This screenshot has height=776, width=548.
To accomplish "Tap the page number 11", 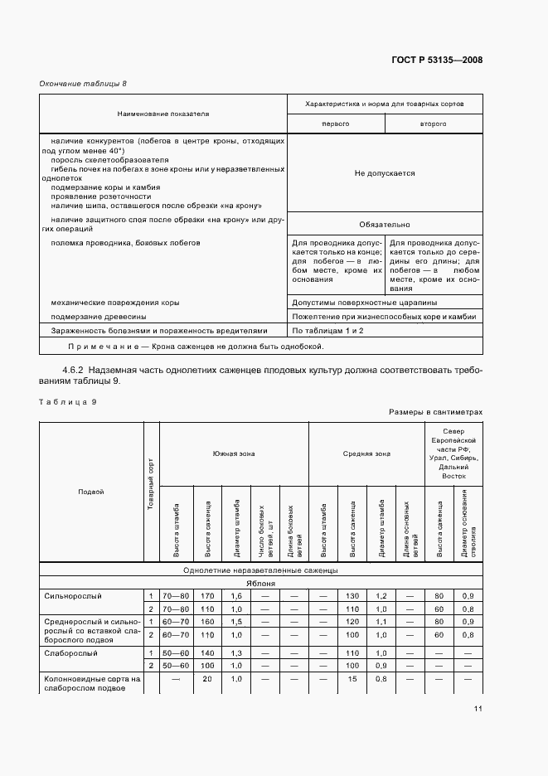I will pos(478,708).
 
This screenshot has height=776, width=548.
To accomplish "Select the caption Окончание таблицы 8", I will pos(84,84).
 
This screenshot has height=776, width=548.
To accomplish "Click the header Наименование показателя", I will pos(162,113).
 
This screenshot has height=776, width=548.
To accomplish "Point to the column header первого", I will pos(335,123).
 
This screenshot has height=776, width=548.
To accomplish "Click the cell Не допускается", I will pos(384,173).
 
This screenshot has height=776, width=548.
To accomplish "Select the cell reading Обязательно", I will pos(384,225).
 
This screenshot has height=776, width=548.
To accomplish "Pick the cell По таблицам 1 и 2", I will pos(327,330).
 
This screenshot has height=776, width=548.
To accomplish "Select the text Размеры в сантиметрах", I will pos(434,411).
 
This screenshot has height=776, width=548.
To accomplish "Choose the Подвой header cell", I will pos(91,492).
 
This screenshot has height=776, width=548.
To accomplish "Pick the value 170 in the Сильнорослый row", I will pos(206,595).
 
